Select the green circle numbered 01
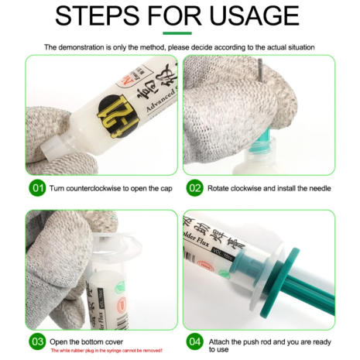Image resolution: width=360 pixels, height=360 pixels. (x=37, y=188)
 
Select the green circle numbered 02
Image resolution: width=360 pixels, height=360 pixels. (x=194, y=188)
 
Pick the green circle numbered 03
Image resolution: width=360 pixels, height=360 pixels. (x=37, y=340)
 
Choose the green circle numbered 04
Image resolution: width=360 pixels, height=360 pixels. (x=194, y=340)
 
